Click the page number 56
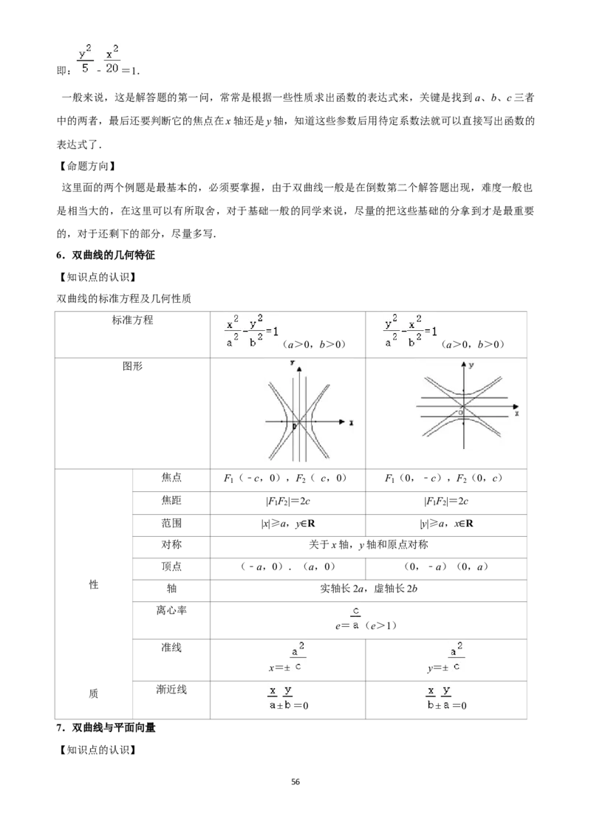(295, 781)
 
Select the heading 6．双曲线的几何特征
(106, 255)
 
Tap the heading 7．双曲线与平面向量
(106, 727)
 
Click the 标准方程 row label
(132, 320)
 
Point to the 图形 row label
(132, 366)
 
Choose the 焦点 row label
(171, 477)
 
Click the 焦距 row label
(171, 500)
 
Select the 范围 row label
(171, 523)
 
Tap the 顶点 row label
(171, 566)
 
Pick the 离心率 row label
(171, 610)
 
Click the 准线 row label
(171, 647)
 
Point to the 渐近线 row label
(171, 689)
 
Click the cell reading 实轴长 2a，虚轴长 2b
(369, 589)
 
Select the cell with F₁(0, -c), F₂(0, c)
(444, 479)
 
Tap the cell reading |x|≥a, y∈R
(288, 524)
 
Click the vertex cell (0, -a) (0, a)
(446, 566)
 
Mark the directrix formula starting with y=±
(446, 658)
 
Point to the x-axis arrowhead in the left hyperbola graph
(341, 421)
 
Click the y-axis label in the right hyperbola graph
(471, 366)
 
